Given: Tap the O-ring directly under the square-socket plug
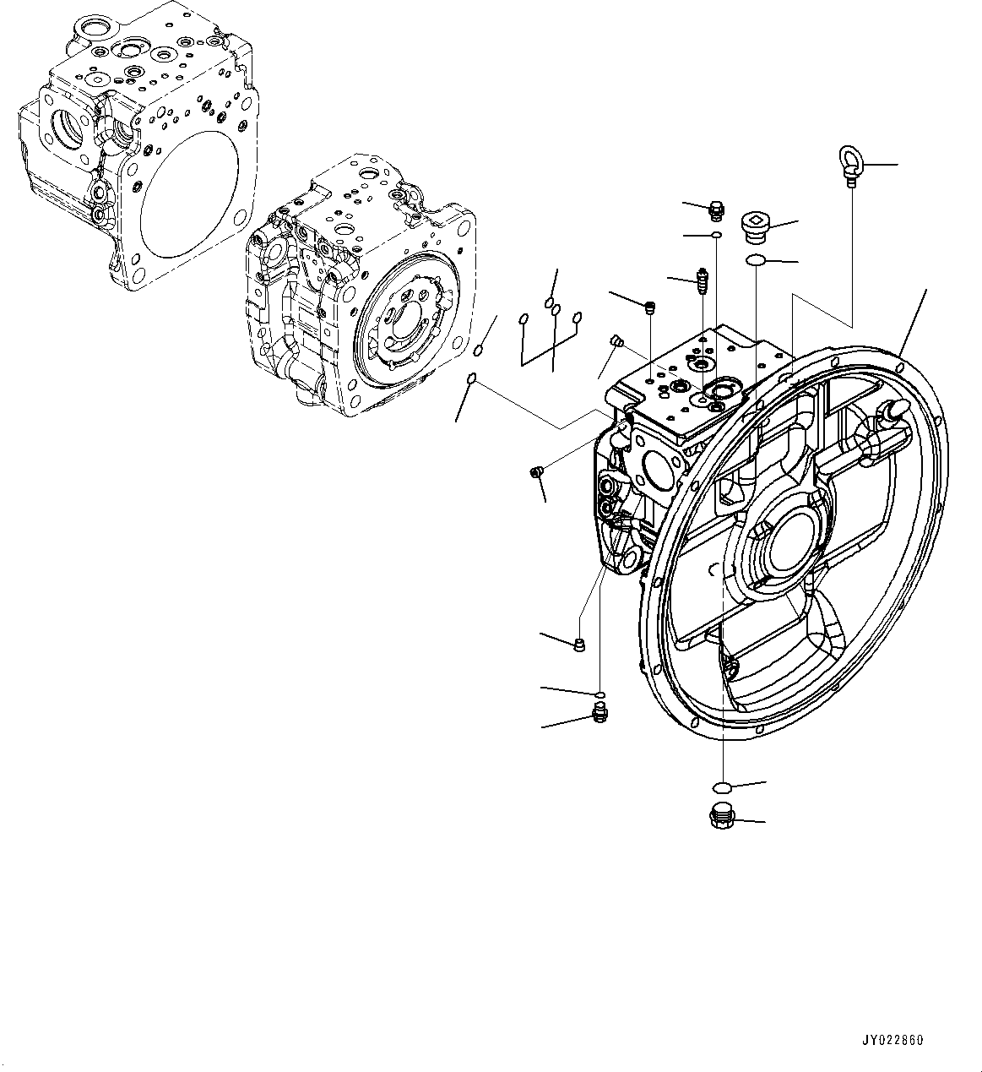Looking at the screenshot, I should pos(757,261).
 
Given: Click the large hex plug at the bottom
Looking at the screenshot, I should pos(721,817).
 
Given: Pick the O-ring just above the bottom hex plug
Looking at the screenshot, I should pos(721,787).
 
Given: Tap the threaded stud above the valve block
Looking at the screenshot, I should pos(701,281).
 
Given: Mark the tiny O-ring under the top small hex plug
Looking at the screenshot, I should pos(716,234).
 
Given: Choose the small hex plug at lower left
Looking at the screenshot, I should pos(600,716).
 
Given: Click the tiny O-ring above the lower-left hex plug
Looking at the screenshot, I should pos(600,694).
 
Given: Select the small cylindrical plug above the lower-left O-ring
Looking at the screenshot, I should pos(579,646).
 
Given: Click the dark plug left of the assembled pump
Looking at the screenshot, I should pos(535,473).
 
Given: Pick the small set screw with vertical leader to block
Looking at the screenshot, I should pos(650,307).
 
